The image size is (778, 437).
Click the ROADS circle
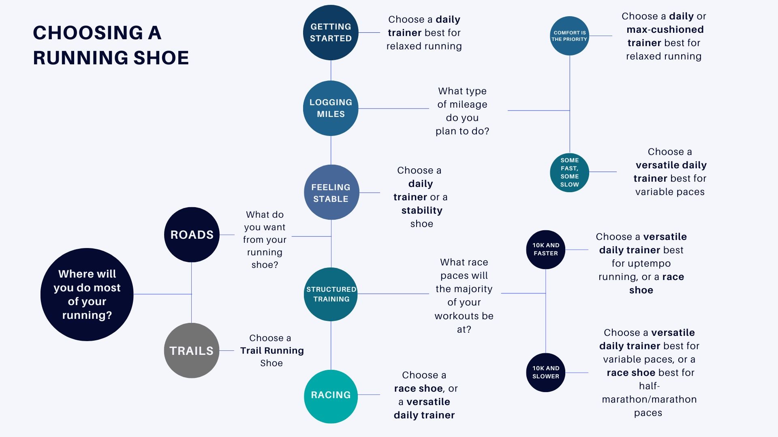pos(192,235)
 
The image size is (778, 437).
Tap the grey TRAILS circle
pos(191,350)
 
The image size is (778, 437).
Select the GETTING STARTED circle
pos(331,32)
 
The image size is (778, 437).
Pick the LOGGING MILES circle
pos(331,108)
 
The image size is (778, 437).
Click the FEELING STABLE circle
pos(331,193)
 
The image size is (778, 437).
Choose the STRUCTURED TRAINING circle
pos(331,294)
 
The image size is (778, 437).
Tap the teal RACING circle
pos(331,396)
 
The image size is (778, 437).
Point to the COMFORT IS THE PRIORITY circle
pos(569,36)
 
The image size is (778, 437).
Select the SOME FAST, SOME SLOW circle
pos(569,172)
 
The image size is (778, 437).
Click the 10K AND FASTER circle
pos(545,250)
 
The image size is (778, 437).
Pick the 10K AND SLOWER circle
pos(545,373)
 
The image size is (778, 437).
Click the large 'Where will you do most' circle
pos(87,294)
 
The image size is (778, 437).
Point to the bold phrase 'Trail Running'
pos(272,350)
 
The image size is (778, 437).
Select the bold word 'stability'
pos(422,210)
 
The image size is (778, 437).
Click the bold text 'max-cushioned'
pos(665,30)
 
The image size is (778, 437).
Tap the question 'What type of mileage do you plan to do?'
pos(462,111)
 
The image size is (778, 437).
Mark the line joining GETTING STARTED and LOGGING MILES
pos(331,70)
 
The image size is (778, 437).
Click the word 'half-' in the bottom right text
pos(649,386)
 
